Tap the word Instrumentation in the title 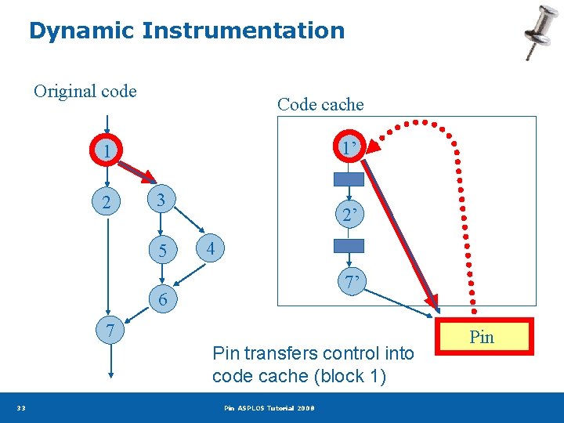pos(243,31)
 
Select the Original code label pos(85,92)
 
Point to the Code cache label pos(320,104)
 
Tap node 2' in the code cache pos(349,214)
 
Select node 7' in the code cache pos(349,280)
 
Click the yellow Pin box pos(482,337)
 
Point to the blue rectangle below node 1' pos(349,179)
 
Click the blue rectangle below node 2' pos(349,245)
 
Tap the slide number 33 pos(22,408)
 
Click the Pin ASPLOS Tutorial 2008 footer pos(269,408)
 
